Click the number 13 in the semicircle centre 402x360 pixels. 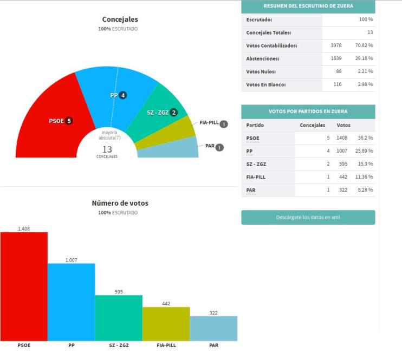(x=107, y=149)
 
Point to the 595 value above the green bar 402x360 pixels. (x=119, y=292)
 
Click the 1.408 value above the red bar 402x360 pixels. (x=24, y=228)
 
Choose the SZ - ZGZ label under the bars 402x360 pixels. (x=119, y=344)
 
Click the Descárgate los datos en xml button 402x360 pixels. (x=308, y=217)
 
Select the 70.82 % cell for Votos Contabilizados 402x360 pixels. (x=364, y=45)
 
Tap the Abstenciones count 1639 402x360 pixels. (x=336, y=58)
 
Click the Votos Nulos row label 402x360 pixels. (x=261, y=71)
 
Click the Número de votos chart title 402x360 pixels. (x=120, y=203)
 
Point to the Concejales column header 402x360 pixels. (x=312, y=125)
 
